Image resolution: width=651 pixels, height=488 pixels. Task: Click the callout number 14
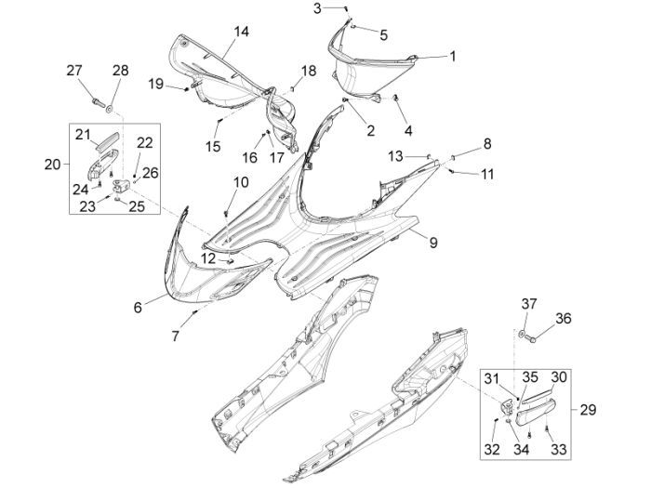(x=241, y=33)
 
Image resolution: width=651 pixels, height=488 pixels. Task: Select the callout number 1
(x=453, y=56)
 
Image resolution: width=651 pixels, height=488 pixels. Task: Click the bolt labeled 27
(x=96, y=95)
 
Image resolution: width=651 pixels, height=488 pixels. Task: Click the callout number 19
(x=156, y=85)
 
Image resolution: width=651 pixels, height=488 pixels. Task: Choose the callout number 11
(x=485, y=174)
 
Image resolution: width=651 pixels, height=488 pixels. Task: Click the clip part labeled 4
(x=397, y=99)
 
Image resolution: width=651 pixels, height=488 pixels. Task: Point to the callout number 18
(x=308, y=71)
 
